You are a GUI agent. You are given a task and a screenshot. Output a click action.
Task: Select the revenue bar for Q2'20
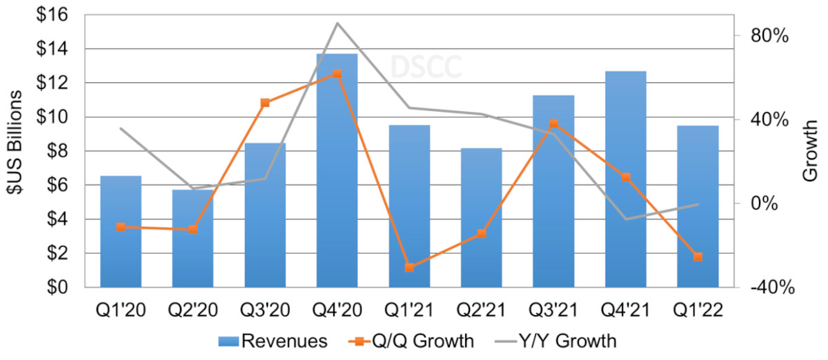pos(193,238)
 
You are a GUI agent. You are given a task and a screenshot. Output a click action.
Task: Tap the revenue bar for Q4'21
pos(626,179)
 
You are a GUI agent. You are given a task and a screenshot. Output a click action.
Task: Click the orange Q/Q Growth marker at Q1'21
pos(409,268)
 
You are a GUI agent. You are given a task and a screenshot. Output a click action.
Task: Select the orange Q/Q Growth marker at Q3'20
pos(265,103)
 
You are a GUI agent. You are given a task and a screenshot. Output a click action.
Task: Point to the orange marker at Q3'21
pos(553,123)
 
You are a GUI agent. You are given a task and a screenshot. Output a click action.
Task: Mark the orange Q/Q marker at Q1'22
pos(698,257)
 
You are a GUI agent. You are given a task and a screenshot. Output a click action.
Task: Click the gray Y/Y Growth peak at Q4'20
pos(337,23)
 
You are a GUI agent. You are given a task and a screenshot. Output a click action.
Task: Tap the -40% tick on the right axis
pos(768,288)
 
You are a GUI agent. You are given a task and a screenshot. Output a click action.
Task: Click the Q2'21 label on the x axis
pos(481,310)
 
